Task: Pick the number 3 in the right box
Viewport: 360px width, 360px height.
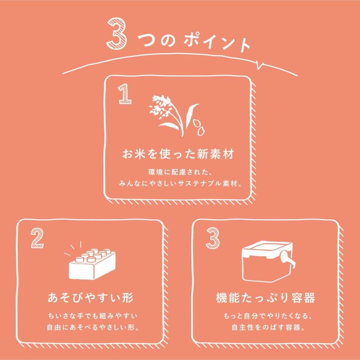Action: (x=213, y=238)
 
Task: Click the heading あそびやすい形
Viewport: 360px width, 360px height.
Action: (x=90, y=299)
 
